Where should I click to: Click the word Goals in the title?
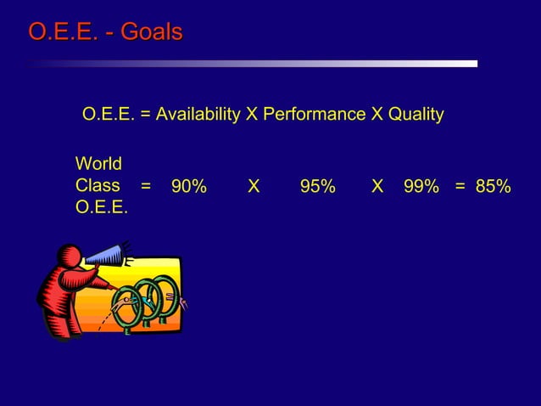tap(151, 33)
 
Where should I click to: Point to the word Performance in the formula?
tap(315, 114)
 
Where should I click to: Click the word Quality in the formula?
tap(415, 114)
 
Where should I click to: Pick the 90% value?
tap(188, 186)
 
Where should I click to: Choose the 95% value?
tap(318, 186)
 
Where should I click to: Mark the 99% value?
tap(421, 186)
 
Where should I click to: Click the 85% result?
tap(493, 186)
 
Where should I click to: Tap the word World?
tap(98, 163)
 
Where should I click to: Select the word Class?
tap(97, 185)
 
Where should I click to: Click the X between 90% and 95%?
tap(253, 186)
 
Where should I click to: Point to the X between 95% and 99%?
tap(377, 186)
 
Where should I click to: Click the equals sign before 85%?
tap(460, 186)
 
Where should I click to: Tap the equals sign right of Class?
tap(146, 186)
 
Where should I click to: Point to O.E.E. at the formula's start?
tap(108, 114)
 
